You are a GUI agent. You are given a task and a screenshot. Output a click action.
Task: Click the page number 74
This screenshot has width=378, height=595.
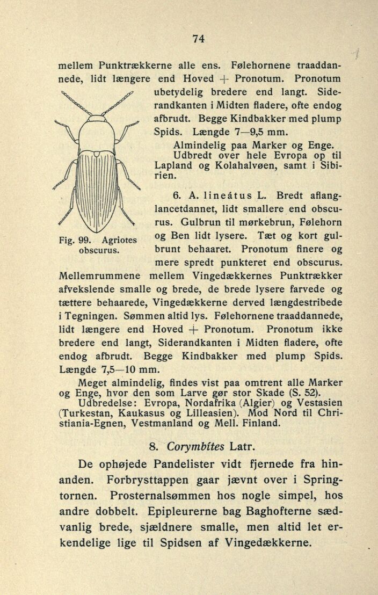tap(198, 38)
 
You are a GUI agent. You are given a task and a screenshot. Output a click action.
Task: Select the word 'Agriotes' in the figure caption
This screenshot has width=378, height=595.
tap(119, 240)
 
